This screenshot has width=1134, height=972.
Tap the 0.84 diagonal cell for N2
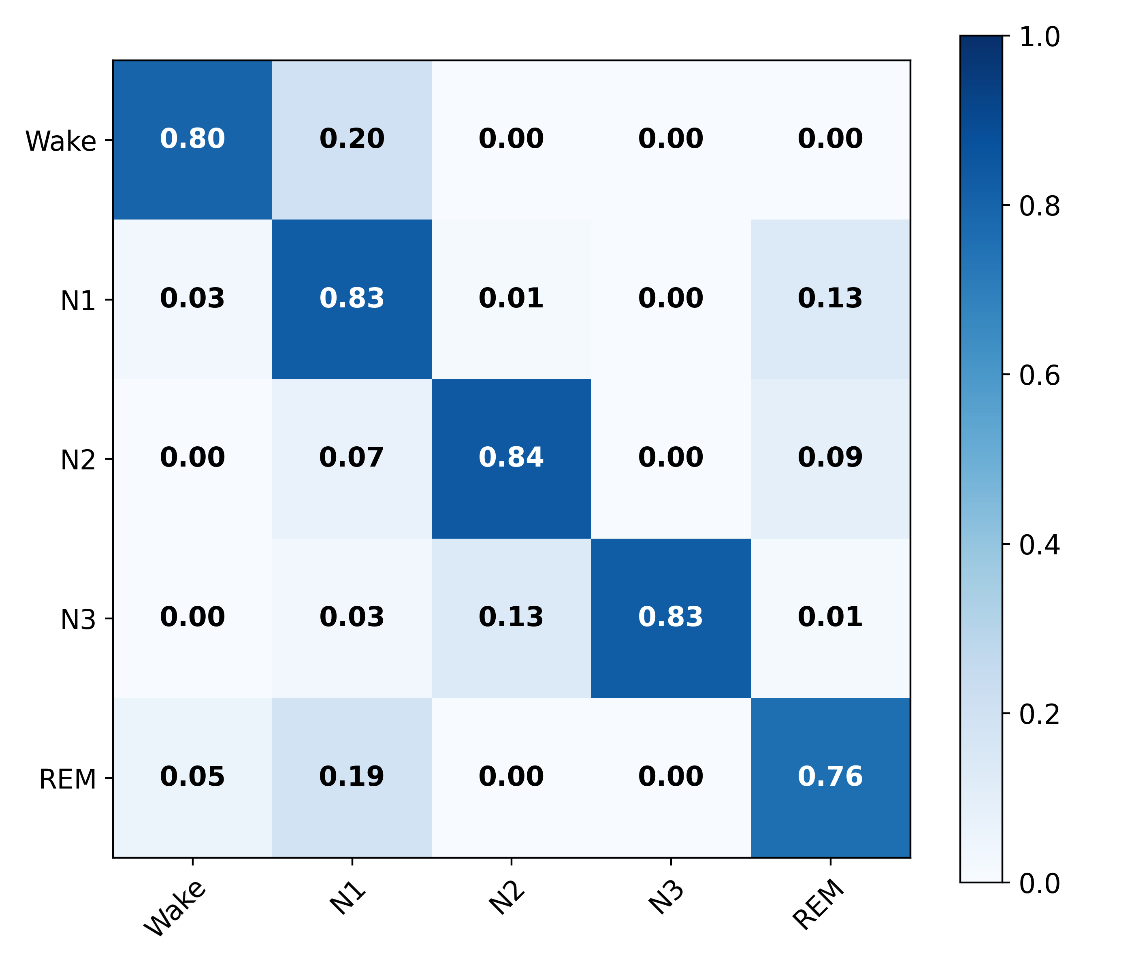(511, 458)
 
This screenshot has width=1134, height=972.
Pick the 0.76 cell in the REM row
(830, 777)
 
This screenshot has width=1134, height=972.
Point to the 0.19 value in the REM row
(352, 777)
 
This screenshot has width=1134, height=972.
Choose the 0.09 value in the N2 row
(830, 458)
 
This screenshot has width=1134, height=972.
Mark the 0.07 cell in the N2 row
(352, 458)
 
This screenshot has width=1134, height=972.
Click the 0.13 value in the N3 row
(511, 617)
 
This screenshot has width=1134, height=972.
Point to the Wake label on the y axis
(61, 141)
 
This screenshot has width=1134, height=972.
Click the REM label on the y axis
(67, 779)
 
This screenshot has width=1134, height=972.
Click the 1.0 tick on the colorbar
(1039, 37)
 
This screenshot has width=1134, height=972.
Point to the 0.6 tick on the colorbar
(1039, 375)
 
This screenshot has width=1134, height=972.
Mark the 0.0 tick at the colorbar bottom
(1039, 883)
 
